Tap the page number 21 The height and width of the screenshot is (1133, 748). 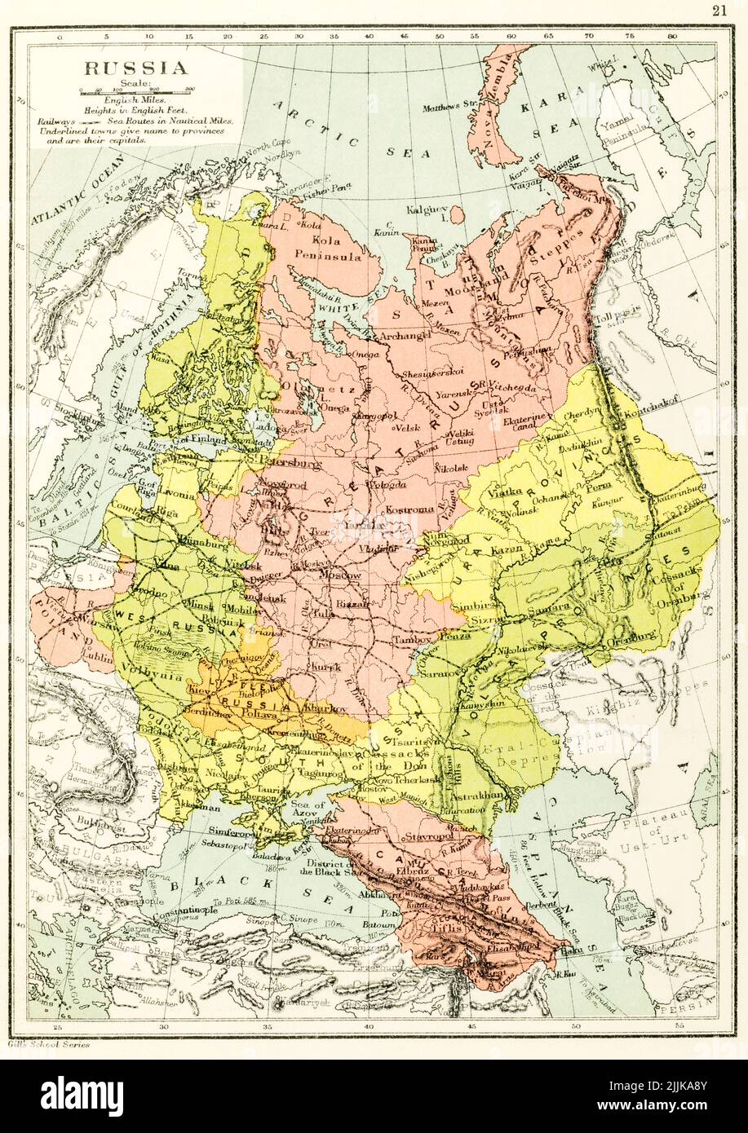point(719,10)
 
